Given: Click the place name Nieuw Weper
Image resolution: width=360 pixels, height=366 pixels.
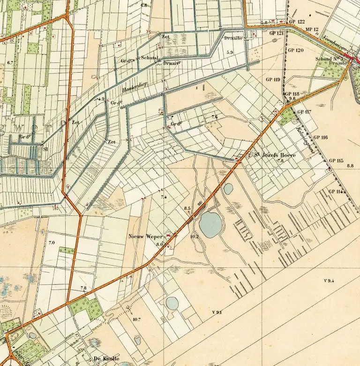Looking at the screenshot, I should point(145,236).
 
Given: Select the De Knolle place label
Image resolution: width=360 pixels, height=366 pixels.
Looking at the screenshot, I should point(103,358).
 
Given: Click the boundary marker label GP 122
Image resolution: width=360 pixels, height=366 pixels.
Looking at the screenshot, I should point(297,22).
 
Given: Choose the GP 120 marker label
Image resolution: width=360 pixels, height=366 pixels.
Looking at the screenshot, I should point(296,50).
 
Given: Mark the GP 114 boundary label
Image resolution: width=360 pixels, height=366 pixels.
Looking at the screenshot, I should point(337,191).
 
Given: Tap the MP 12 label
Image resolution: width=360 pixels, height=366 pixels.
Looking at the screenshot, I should point(312,30).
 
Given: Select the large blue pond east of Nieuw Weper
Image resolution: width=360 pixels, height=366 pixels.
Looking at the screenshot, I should point(210,224).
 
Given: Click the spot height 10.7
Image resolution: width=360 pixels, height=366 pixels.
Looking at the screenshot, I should point(136,319).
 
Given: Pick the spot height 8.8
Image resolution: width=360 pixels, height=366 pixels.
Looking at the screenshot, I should point(350,166).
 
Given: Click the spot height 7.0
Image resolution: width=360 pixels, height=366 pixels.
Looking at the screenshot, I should point(52,243).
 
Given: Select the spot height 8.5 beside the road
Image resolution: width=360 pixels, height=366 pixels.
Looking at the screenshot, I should point(188,208).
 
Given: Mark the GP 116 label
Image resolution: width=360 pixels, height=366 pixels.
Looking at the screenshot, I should point(321,137).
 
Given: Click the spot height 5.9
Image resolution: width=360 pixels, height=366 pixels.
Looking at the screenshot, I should point(230,52).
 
